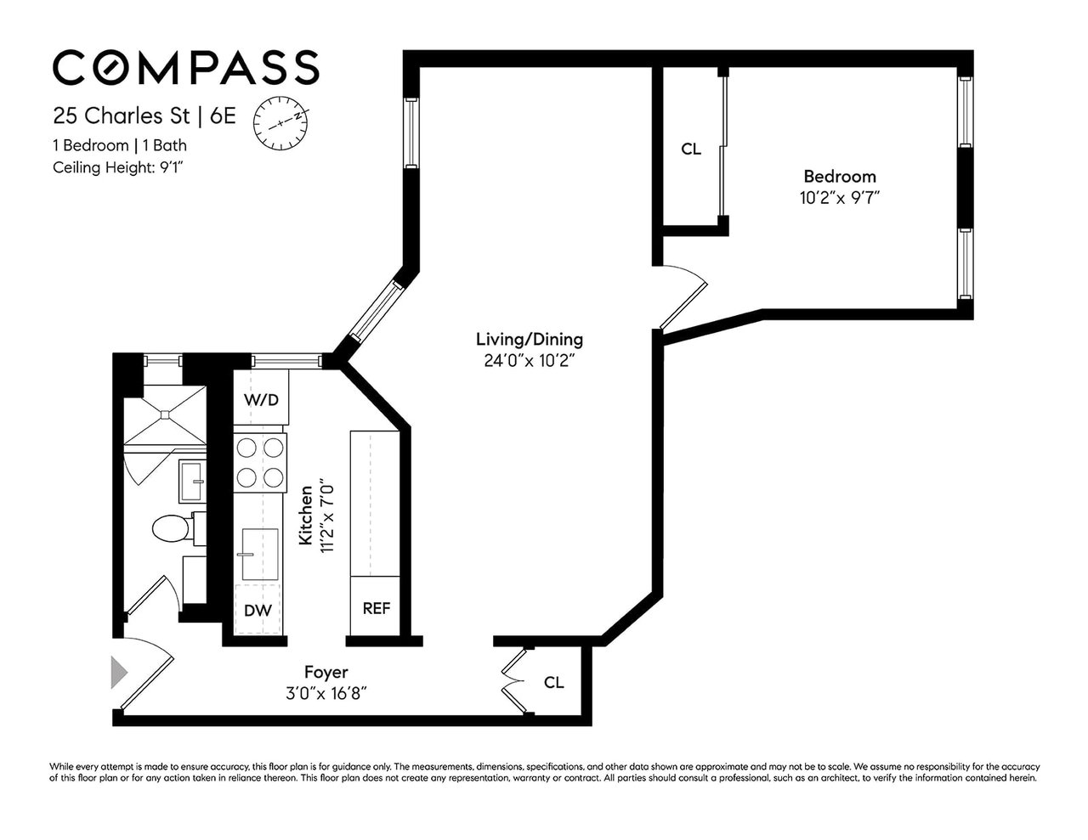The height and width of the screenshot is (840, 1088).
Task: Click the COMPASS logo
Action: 186,67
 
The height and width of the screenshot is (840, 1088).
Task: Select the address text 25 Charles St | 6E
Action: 144,116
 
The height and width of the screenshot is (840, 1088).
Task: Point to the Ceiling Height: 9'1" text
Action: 119,167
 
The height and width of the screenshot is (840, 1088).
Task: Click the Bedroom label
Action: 839,177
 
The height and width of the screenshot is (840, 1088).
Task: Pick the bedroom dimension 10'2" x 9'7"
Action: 839,197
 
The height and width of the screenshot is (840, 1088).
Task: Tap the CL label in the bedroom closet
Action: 691,149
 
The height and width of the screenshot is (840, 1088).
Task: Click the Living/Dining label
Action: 529,340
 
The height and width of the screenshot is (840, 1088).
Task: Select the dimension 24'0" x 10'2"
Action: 529,360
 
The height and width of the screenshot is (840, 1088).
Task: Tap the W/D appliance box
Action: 261,400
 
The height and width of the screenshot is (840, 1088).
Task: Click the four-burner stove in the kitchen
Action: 260,462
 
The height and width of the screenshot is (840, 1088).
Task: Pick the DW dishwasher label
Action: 258,610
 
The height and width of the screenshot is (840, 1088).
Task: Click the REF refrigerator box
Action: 376,608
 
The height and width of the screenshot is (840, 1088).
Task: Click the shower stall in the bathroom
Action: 165,414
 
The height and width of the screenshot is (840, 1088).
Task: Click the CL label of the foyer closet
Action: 553,682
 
